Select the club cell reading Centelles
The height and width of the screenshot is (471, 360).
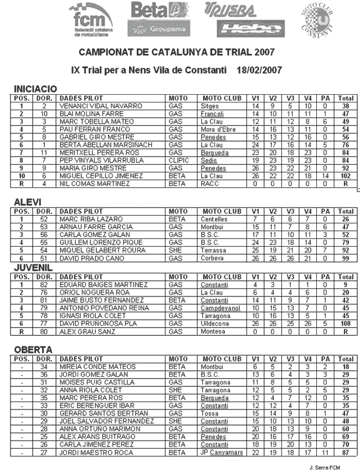click(x=214, y=218)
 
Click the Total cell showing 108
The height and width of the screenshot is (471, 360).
click(x=346, y=323)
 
